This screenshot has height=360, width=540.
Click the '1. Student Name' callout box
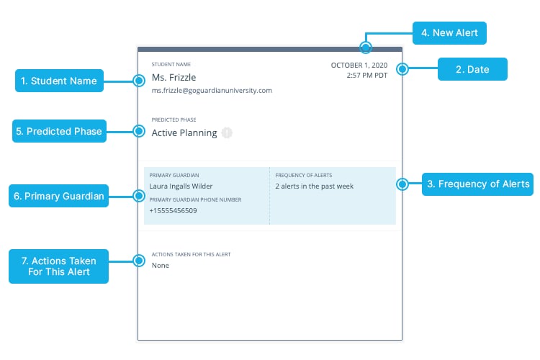point(59,81)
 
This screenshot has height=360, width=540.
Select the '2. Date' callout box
point(472,69)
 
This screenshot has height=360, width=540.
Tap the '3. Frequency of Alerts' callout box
point(477,184)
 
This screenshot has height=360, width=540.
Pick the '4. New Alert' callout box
point(449,33)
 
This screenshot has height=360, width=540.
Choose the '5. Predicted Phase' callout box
point(59,131)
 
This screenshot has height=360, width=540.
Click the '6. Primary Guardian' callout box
point(58,196)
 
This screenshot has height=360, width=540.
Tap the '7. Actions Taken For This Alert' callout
point(58,266)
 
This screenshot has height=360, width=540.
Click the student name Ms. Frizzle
point(174,78)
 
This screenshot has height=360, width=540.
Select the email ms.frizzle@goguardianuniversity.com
point(212,91)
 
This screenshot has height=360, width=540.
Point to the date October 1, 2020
point(359,65)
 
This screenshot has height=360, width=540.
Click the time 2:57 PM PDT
point(367,75)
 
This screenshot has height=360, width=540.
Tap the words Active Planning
point(184,133)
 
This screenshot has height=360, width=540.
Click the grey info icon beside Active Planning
point(227,132)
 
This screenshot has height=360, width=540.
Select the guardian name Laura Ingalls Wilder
point(181,186)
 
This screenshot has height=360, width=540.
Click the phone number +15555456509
point(173,211)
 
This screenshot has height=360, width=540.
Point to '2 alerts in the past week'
point(314,186)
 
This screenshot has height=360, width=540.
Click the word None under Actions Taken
point(161,266)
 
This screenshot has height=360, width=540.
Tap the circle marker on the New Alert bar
point(365,48)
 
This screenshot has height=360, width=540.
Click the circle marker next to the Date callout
point(402,69)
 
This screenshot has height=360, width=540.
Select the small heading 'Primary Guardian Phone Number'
point(195,200)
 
